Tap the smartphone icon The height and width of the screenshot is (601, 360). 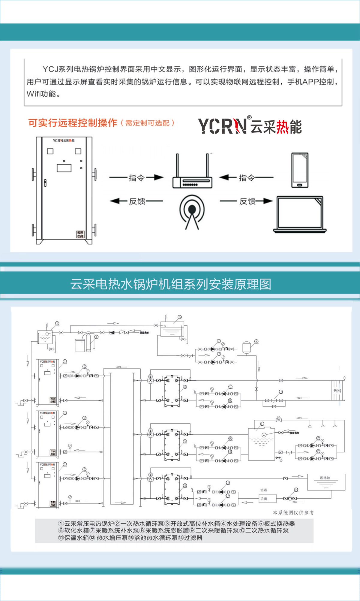(300, 170)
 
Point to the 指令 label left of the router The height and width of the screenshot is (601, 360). (136, 178)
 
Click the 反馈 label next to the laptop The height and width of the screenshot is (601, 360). (247, 201)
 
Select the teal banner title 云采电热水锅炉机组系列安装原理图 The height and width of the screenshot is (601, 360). (171, 284)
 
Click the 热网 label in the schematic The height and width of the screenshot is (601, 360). (337, 391)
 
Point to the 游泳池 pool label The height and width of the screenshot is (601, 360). (325, 478)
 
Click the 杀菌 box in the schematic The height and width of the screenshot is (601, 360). (264, 499)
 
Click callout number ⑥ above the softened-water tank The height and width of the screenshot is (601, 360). (180, 317)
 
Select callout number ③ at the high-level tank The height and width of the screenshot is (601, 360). (57, 323)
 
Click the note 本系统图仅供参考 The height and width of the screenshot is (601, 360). (293, 512)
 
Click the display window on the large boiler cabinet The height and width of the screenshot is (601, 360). (64, 168)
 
